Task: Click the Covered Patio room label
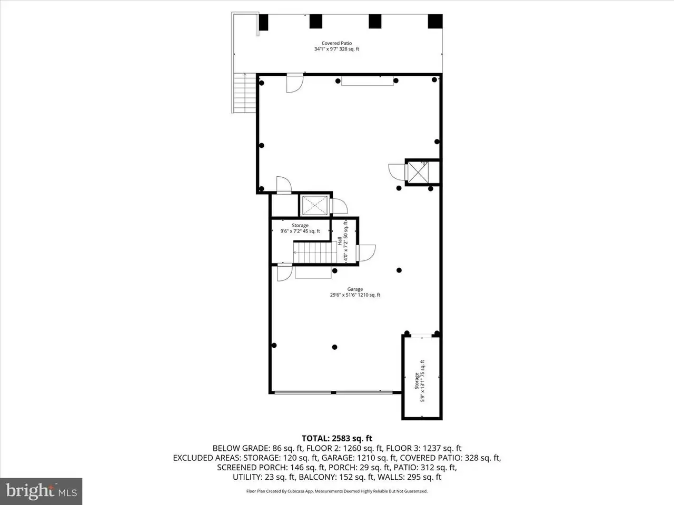(336, 46)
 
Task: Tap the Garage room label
(355, 292)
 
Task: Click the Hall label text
(340, 241)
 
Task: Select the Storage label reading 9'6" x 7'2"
(300, 228)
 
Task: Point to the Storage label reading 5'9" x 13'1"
(420, 381)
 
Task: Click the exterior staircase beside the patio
(244, 93)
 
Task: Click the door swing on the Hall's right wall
(366, 253)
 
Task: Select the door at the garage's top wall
(295, 83)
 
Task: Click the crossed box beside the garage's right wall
(418, 173)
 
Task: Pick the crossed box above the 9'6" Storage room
(315, 205)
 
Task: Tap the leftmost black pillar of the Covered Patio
(263, 22)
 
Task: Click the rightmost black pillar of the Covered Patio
(435, 21)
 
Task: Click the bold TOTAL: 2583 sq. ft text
(337, 439)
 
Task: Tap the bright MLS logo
(41, 491)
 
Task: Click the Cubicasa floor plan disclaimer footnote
(337, 491)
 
